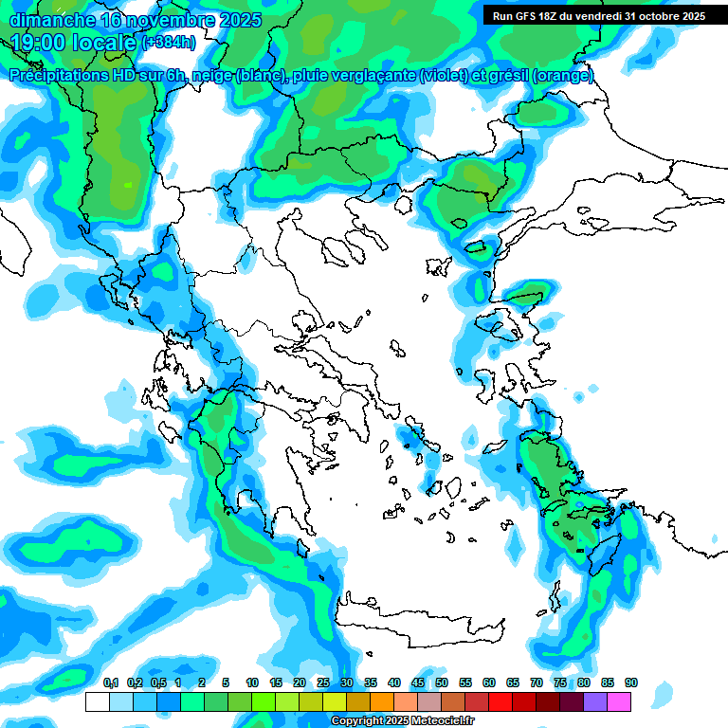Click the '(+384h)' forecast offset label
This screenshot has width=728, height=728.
pos(169,43)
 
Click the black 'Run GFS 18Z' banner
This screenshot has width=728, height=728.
pos(598,16)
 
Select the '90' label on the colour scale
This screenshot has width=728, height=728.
pos(631,682)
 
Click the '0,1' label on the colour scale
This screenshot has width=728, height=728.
pos(110,682)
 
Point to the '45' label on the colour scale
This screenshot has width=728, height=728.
pos(418,682)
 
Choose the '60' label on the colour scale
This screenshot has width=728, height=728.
pos(489,682)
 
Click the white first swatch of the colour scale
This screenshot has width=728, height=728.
pos(97,701)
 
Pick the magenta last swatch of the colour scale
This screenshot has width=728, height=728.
pos(619,701)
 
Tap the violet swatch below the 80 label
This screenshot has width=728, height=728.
pos(595,701)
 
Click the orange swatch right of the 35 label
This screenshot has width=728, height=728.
pos(381,701)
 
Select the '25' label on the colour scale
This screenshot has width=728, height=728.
pos(323,682)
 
